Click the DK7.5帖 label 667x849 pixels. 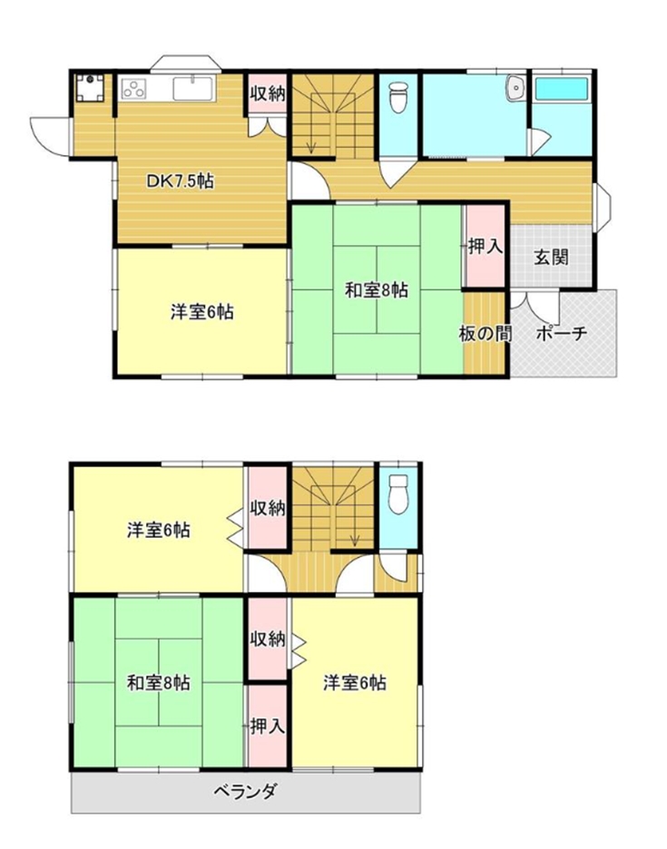(181, 181)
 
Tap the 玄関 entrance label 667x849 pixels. (551, 258)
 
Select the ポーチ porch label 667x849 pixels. (562, 333)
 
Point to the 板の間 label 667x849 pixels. (485, 334)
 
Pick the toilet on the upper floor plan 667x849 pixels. (398, 96)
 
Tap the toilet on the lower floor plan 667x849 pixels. (398, 493)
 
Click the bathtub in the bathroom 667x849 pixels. (562, 89)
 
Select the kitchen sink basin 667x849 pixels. (193, 89)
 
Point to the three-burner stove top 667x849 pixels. (133, 89)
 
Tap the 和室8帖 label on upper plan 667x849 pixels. (378, 291)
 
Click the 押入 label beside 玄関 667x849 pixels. (486, 247)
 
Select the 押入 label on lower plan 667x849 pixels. (267, 727)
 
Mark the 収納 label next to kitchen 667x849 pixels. (267, 93)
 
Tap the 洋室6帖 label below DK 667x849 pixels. (202, 312)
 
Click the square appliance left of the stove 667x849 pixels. (90, 88)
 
